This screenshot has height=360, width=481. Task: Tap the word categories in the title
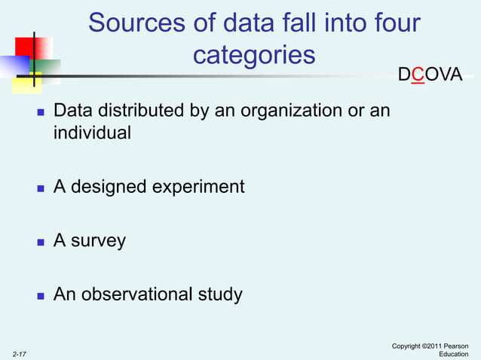point(253,55)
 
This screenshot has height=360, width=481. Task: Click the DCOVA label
point(430,75)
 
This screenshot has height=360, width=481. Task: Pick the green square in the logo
point(47,70)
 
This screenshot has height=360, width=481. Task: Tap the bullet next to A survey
point(41,243)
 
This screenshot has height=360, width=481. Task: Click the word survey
point(98,242)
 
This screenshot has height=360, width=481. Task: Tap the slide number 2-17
point(20,352)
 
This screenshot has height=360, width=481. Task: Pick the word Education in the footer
point(454,354)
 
